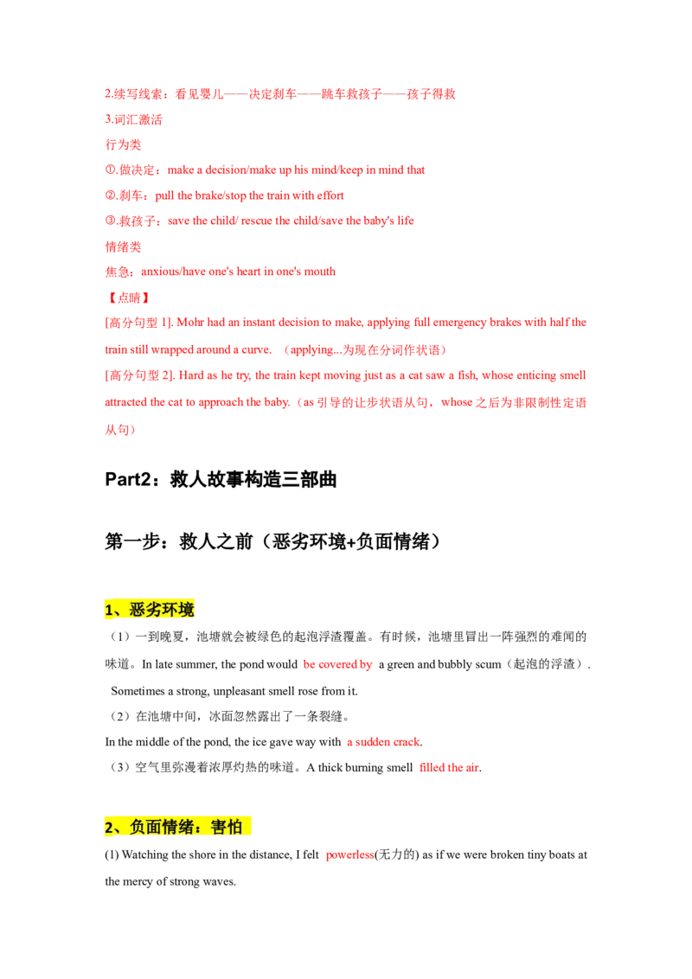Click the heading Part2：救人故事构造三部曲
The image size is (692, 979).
pyautogui.click(x=221, y=479)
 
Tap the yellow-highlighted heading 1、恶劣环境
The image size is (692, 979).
pyautogui.click(x=150, y=610)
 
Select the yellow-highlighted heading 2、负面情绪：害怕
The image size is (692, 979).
pyautogui.click(x=177, y=827)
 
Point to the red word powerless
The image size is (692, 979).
pyautogui.click(x=349, y=854)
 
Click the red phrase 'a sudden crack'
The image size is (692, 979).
pyautogui.click(x=383, y=742)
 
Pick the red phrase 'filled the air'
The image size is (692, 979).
pyautogui.click(x=449, y=767)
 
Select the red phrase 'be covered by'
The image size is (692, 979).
pyautogui.click(x=337, y=664)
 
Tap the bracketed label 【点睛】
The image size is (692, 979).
pyautogui.click(x=128, y=298)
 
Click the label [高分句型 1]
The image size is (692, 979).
pyautogui.click(x=138, y=323)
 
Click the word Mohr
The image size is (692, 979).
pyautogui.click(x=190, y=323)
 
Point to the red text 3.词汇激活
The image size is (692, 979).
pyautogui.click(x=134, y=119)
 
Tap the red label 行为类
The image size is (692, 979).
pyautogui.click(x=123, y=144)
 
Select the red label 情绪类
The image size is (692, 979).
pyautogui.click(x=123, y=246)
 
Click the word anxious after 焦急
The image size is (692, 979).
pyautogui.click(x=160, y=272)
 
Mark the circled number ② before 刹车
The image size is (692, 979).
pyautogui.click(x=111, y=195)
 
